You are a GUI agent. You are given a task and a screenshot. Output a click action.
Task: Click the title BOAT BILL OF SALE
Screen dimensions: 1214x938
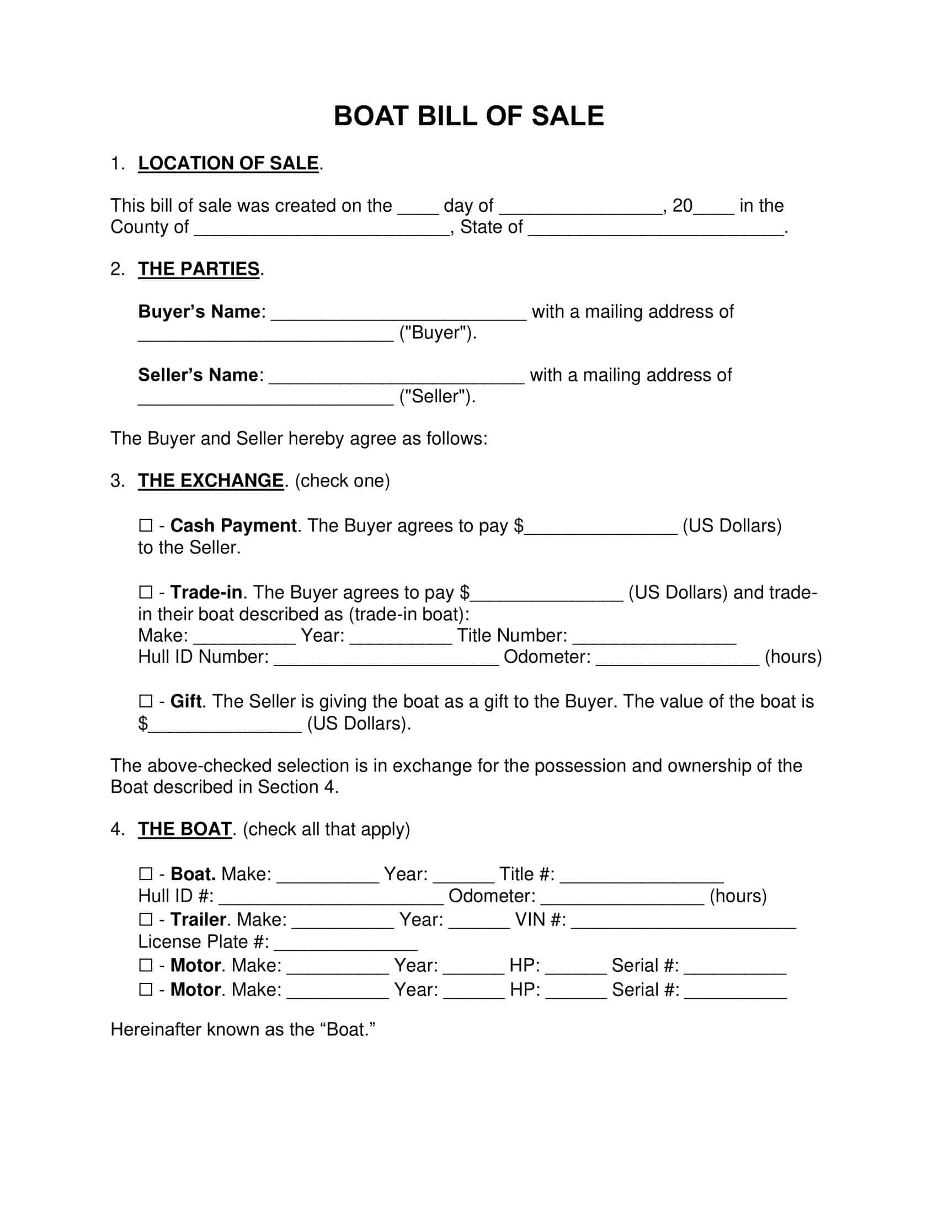point(468,116)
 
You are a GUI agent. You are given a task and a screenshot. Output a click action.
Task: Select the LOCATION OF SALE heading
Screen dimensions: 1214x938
point(228,163)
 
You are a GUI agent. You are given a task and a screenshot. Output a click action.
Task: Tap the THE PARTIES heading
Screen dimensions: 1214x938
point(199,269)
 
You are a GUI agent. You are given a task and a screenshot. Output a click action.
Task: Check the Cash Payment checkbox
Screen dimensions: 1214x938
point(146,525)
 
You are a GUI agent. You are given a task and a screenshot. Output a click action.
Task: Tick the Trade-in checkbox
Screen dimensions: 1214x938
point(146,592)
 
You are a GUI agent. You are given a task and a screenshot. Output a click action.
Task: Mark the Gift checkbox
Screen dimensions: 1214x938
point(146,701)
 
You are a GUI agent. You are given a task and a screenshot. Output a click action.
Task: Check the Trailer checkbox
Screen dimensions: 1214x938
point(146,919)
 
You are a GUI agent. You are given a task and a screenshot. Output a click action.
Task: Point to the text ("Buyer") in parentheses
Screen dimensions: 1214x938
point(438,333)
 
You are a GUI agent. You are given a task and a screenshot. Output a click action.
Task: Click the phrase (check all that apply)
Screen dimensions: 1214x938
point(326,829)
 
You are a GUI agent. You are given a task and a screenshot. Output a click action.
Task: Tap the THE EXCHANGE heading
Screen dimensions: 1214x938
point(211,480)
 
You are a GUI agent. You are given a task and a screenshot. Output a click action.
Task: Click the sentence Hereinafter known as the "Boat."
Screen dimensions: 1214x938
point(243,1029)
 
